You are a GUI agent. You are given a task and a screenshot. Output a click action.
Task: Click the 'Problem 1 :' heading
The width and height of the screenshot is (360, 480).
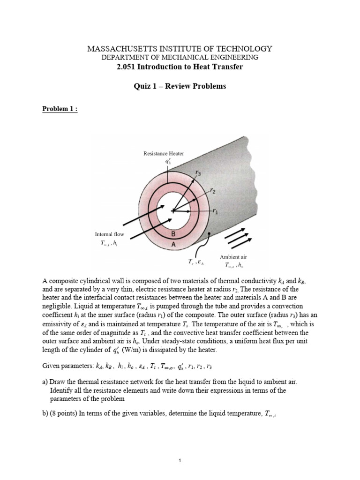pyautogui.click(x=60, y=109)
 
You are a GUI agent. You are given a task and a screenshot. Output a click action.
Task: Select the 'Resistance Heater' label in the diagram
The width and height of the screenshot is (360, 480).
pyautogui.click(x=164, y=153)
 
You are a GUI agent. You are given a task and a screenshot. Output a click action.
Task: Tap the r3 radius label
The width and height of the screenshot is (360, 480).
pyautogui.click(x=198, y=173)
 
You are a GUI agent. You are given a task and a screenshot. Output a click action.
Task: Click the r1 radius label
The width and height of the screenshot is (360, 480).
pyautogui.click(x=215, y=211)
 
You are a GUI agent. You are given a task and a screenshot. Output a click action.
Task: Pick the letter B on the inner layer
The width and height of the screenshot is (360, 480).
pyautogui.click(x=173, y=233)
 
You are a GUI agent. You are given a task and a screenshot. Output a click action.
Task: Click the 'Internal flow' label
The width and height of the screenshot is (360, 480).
pyautogui.click(x=107, y=234)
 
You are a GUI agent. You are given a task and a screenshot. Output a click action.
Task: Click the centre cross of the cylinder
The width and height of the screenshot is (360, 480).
pyautogui.click(x=173, y=211)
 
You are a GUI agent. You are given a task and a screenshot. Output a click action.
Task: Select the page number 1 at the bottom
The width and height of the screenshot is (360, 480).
pyautogui.click(x=180, y=448)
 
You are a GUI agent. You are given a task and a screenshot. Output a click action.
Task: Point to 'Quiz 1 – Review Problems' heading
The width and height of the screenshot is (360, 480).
pyautogui.click(x=180, y=86)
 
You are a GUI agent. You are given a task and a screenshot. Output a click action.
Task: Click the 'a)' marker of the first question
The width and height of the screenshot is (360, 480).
pyautogui.click(x=45, y=382)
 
